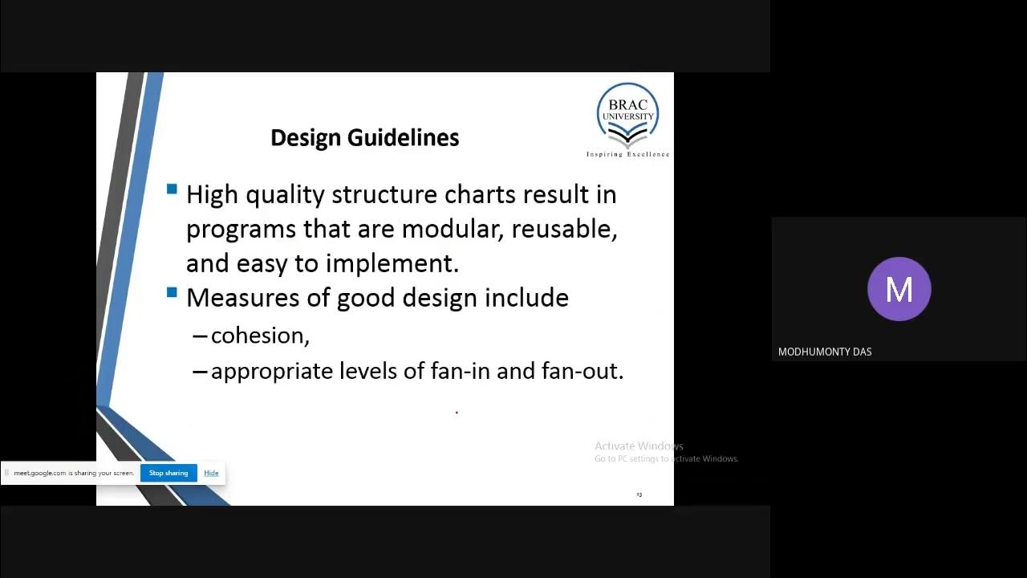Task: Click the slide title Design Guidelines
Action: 364,138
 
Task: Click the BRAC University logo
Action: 627,115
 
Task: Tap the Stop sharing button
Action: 168,473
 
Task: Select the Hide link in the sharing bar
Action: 211,473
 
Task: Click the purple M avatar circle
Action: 899,289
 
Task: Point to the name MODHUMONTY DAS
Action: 825,352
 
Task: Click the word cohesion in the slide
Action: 258,336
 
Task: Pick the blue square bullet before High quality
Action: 172,189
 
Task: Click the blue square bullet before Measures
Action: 172,293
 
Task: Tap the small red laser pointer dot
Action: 457,413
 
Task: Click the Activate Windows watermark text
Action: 639,446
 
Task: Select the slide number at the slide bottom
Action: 639,495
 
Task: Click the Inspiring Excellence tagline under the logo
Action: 627,154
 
